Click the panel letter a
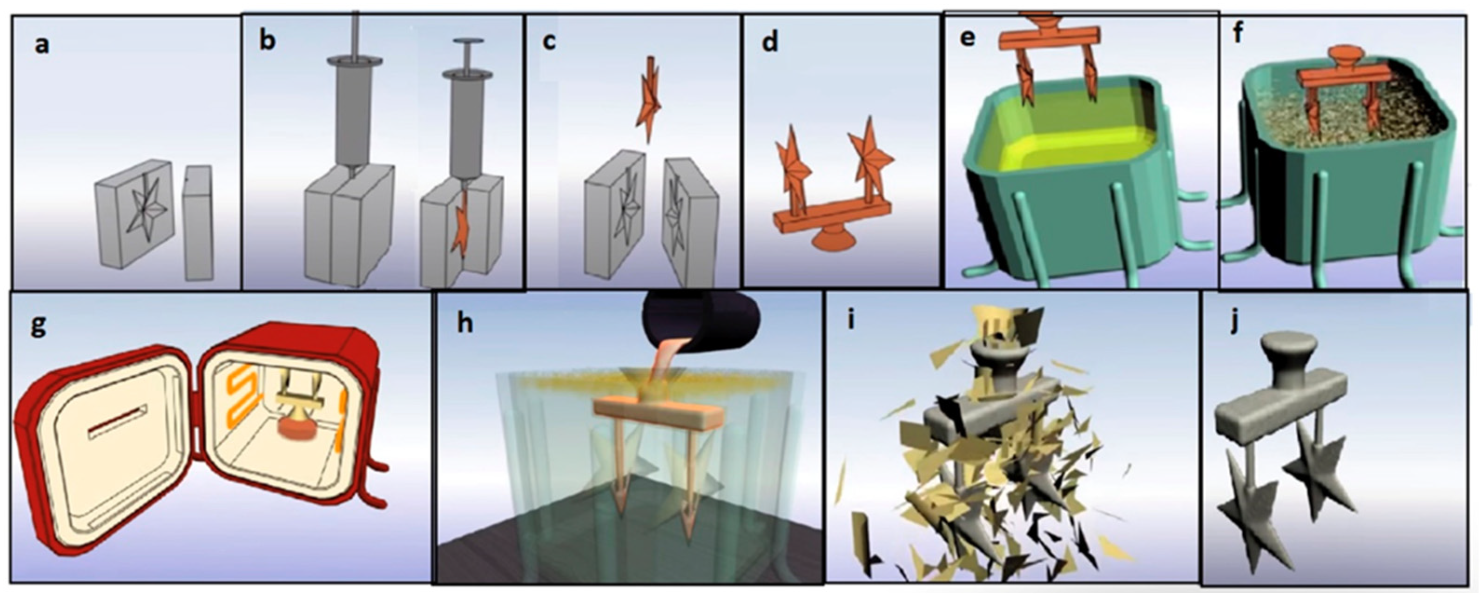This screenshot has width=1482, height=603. [41, 45]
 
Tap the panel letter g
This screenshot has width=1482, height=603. [38, 327]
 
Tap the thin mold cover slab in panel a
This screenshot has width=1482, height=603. [198, 223]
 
